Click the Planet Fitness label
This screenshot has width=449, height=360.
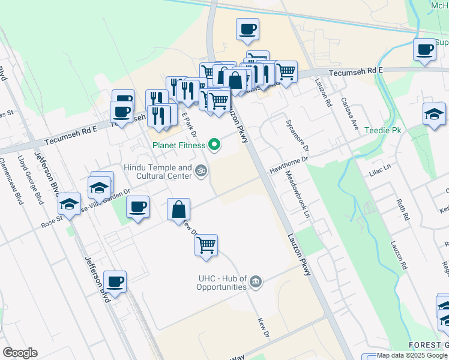point(178,145)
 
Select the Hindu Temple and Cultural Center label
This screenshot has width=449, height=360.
point(158,172)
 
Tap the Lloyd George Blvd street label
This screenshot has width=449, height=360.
point(29,178)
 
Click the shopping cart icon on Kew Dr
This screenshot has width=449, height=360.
point(206,245)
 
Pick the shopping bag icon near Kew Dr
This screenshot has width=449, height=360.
point(178,209)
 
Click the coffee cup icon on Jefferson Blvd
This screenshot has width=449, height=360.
point(114,281)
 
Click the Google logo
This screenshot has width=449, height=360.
point(20,353)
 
